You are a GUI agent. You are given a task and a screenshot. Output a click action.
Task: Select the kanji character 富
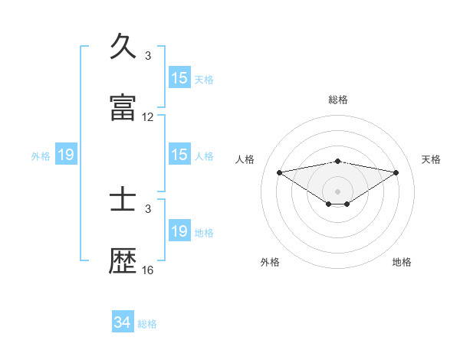click(123, 108)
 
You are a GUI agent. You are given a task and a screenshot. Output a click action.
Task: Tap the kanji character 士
click(123, 200)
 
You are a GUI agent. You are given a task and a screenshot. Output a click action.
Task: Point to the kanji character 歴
click(123, 261)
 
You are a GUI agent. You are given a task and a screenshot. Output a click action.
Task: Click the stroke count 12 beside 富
click(148, 117)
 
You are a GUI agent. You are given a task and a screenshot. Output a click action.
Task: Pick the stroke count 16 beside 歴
click(148, 270)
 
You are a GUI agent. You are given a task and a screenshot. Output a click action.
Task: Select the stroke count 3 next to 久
click(148, 56)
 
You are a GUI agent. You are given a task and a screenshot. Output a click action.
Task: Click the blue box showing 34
click(123, 322)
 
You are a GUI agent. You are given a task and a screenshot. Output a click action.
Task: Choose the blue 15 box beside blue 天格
click(179, 78)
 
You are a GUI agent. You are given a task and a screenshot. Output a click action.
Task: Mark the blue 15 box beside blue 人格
click(179, 155)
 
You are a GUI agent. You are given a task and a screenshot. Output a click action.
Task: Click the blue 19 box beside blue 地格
click(179, 231)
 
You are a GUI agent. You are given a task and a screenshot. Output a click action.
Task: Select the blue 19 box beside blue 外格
click(66, 155)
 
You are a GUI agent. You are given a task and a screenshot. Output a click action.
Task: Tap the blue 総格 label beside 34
click(147, 324)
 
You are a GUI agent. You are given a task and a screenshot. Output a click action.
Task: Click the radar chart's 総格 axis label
click(338, 100)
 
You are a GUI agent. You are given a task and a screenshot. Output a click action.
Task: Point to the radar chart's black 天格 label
click(432, 159)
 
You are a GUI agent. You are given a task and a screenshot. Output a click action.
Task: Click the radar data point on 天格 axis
click(396, 172)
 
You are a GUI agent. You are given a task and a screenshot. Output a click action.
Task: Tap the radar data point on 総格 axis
click(338, 161)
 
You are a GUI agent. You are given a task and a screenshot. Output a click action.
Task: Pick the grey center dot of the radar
click(338, 191)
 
